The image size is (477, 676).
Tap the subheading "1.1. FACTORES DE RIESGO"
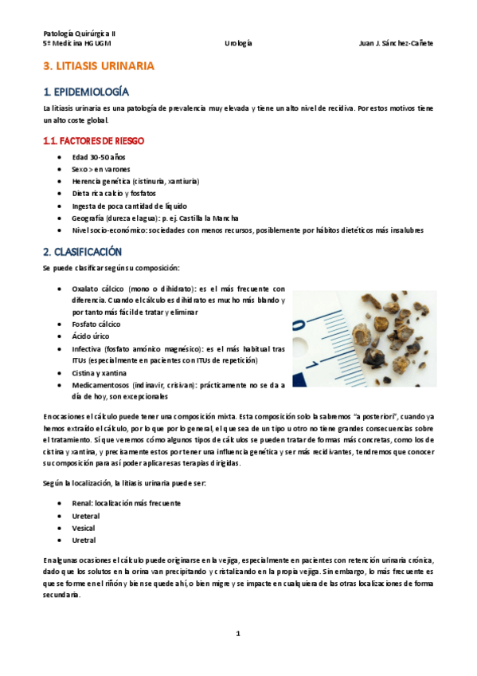[93, 140]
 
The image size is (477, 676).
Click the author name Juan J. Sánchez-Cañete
[396, 44]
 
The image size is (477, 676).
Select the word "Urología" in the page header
[238, 44]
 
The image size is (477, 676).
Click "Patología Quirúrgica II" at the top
[79, 33]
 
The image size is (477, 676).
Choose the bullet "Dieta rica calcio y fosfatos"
[114, 193]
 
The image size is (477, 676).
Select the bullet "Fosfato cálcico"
[96, 324]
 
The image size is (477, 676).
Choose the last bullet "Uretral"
[84, 540]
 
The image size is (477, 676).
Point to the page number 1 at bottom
[237, 634]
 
